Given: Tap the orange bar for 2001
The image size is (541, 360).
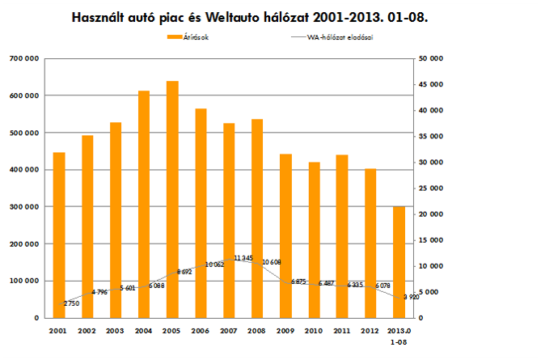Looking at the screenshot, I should coord(59,235).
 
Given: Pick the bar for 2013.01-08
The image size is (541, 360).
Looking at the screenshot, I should coord(399,262).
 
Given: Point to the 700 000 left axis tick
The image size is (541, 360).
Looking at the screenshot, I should coord(29,58).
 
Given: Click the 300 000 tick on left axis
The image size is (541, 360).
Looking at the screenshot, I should coord(29,207).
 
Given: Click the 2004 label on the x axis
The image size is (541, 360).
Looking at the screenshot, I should coord(143,331).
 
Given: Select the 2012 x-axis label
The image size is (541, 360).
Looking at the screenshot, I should coord(370,331).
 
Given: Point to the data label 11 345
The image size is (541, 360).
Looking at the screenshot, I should coord(243,258).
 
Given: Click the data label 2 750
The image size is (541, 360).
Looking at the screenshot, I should coord(72,303).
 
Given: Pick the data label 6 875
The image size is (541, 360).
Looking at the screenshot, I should coord(298,282).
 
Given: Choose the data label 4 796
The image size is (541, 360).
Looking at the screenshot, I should coord(100,292).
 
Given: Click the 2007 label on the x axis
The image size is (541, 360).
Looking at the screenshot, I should coord(228,331).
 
